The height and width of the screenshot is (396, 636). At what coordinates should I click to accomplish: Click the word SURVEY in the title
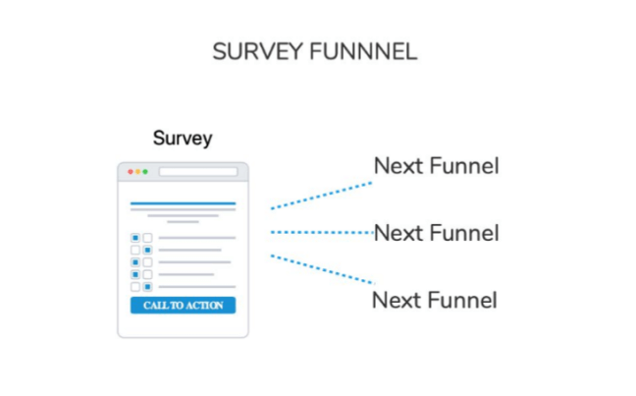tap(257, 51)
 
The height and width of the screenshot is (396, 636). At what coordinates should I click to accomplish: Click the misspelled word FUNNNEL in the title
tap(363, 51)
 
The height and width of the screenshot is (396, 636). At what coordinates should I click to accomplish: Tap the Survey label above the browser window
tap(183, 139)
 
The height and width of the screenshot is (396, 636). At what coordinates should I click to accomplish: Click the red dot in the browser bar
tap(131, 172)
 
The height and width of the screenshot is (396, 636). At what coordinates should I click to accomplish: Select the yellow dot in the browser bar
tap(138, 172)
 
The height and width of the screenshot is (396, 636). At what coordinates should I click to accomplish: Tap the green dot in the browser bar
tap(145, 172)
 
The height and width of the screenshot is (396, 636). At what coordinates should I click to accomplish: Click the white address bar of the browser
tap(198, 172)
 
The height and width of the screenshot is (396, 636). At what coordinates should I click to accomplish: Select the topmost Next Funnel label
tap(436, 166)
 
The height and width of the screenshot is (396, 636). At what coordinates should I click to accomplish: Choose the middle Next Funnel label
tap(436, 233)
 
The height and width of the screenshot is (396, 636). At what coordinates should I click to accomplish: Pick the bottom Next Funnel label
tap(435, 300)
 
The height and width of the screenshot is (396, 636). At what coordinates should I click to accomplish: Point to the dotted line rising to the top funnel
tap(321, 196)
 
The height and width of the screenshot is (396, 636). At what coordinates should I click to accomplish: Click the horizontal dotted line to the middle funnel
tap(322, 232)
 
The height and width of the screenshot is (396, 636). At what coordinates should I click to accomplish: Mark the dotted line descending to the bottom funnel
tap(323, 269)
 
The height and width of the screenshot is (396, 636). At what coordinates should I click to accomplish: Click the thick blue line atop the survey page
tap(183, 203)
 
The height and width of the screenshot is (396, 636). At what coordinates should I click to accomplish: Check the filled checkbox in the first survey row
tap(135, 238)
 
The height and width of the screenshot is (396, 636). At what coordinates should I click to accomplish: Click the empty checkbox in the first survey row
tap(147, 238)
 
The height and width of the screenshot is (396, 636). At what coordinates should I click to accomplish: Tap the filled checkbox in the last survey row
tap(147, 287)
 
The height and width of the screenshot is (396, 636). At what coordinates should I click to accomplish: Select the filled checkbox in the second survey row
tap(147, 250)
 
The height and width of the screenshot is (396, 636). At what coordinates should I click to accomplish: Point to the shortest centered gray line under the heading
tap(183, 222)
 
